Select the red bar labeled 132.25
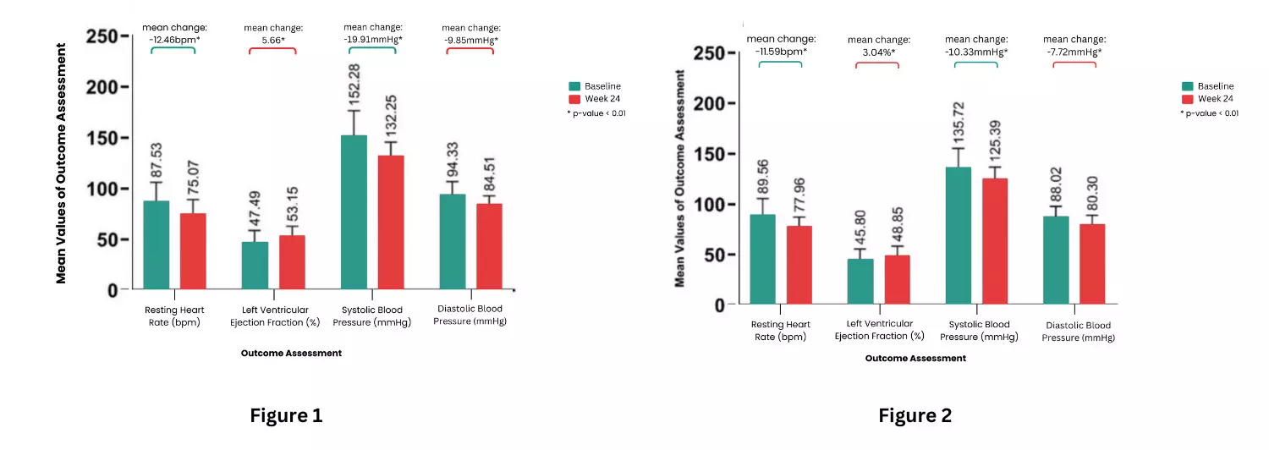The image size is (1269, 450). click(x=391, y=222)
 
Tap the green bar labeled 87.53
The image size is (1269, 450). click(x=157, y=245)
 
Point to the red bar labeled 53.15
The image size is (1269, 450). click(x=292, y=262)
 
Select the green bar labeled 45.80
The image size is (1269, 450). click(x=860, y=281)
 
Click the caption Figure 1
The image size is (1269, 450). click(x=286, y=416)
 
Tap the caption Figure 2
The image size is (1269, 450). click(x=915, y=416)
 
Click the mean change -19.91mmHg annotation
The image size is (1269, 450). click(x=372, y=33)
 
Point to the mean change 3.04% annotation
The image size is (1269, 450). click(x=879, y=46)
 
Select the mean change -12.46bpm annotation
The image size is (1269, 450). click(x=174, y=33)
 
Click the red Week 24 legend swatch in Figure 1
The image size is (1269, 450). click(x=574, y=99)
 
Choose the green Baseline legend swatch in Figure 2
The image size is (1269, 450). click(x=1187, y=86)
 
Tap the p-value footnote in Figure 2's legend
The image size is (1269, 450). click(x=1209, y=113)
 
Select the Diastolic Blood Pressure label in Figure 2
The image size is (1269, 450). click(x=1078, y=332)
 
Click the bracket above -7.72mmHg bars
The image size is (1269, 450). click(x=1074, y=64)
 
